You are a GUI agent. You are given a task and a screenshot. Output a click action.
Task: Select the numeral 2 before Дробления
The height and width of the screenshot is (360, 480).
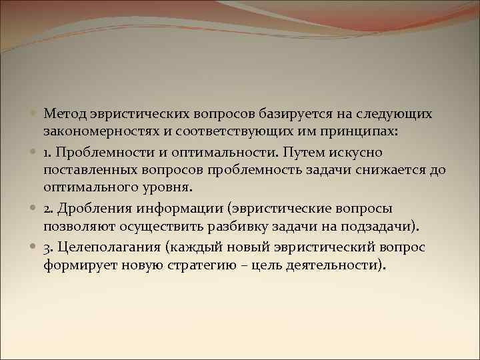coord(47,208)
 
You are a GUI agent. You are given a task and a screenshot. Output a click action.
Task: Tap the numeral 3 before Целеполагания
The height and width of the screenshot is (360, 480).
coord(47,247)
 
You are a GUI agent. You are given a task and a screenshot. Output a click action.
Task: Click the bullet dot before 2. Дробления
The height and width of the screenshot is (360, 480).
coord(35,208)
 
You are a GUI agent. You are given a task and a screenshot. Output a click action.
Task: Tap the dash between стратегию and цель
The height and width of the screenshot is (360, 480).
coord(251,265)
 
